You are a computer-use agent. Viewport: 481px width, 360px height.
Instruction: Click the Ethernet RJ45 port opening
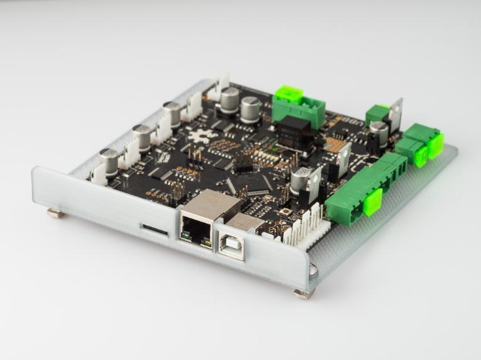coord(197,225)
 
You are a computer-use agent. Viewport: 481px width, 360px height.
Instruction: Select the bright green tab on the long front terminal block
coord(372,201)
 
